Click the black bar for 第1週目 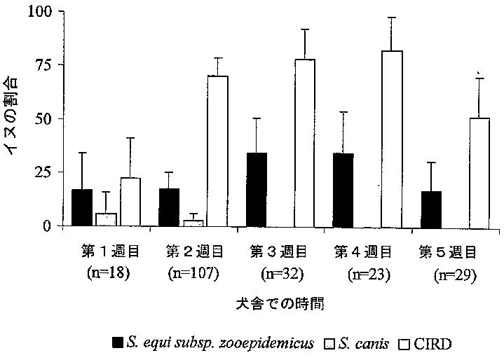pyautogui.click(x=82, y=207)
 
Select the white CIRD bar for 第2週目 pyautogui.click(x=219, y=151)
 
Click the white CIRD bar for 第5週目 pyautogui.click(x=479, y=172)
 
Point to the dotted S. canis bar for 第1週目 pyautogui.click(x=106, y=219)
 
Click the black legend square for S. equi pyautogui.click(x=118, y=343)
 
